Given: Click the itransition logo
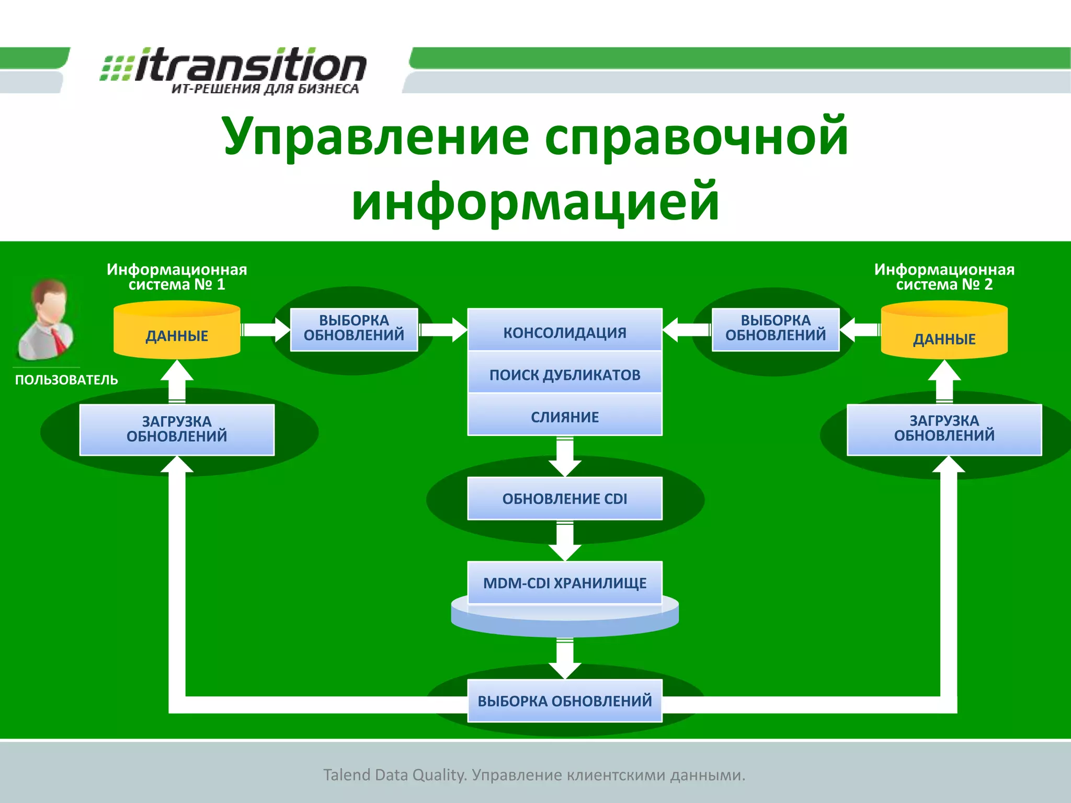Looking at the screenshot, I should click(x=233, y=70).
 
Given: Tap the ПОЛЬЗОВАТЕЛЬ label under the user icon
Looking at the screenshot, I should click(x=66, y=380).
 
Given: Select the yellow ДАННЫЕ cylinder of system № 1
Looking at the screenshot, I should click(x=177, y=332).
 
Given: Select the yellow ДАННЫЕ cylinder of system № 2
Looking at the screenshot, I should click(x=944, y=335).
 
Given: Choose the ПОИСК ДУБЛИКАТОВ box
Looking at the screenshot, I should click(x=565, y=374).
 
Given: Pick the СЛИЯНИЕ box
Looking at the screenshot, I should click(x=565, y=416).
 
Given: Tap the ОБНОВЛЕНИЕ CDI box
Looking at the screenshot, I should click(x=565, y=498).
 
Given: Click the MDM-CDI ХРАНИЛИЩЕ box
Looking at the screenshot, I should click(x=565, y=582).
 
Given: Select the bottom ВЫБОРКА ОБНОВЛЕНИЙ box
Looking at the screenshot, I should click(x=565, y=701).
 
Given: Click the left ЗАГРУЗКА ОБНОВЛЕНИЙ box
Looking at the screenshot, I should click(x=177, y=429).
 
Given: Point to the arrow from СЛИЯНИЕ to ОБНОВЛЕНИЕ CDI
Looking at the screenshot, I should click(x=565, y=456).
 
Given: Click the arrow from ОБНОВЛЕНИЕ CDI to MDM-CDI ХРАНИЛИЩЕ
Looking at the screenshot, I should click(x=565, y=541).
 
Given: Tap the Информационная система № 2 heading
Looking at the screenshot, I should click(x=944, y=277).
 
